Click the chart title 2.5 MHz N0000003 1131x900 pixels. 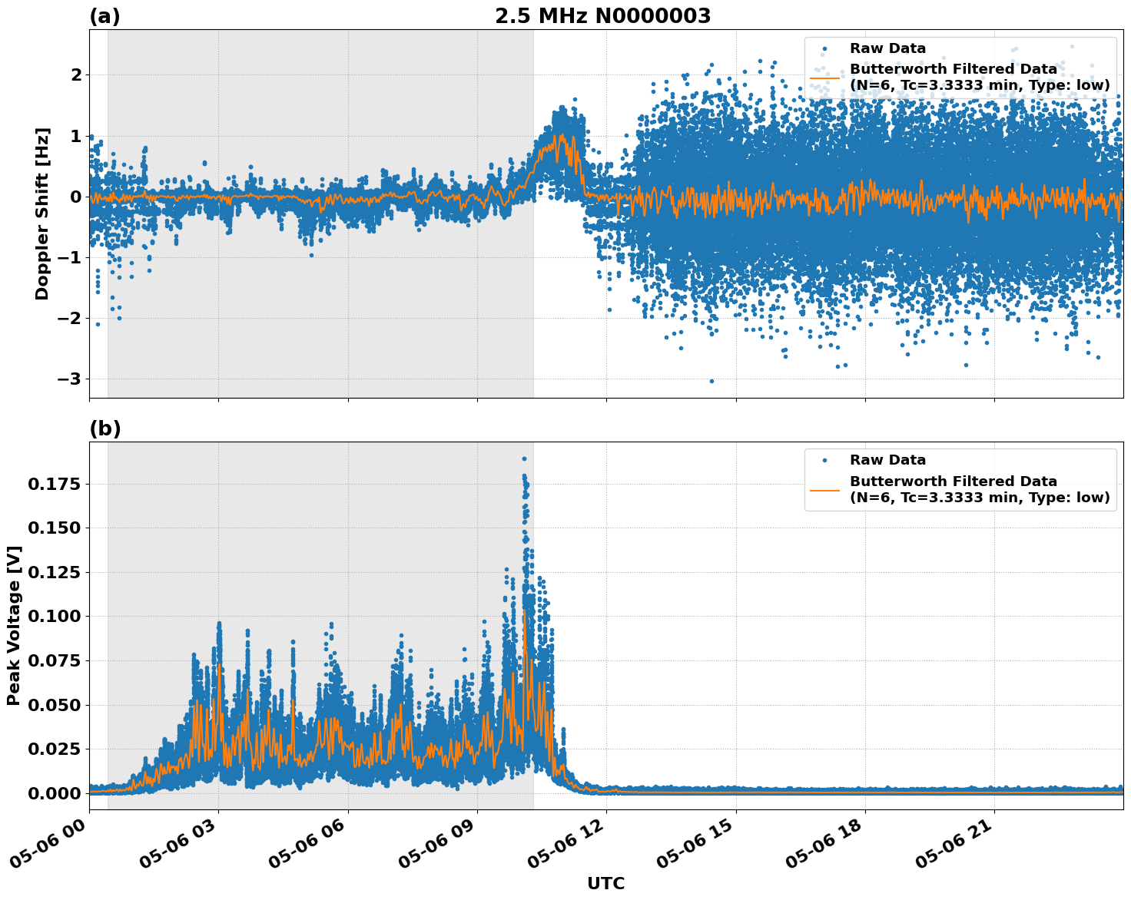coord(602,16)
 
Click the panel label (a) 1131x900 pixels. coord(104,16)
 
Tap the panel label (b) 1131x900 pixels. coord(104,428)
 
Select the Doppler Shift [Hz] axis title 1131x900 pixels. coord(42,213)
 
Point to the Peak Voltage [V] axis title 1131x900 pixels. coord(14,625)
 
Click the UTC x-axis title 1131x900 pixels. coord(605,883)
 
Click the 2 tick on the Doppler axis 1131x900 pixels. coord(75,74)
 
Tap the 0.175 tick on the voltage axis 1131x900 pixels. coord(55,484)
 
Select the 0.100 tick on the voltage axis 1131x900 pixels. coord(55,616)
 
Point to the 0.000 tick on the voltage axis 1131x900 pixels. coord(55,792)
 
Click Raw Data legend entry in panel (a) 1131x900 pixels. coord(887,48)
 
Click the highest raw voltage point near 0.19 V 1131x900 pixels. coord(524,458)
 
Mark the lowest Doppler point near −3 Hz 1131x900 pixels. coord(711,381)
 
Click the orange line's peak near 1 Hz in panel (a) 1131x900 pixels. coord(561,135)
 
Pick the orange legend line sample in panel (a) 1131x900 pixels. coord(825,77)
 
